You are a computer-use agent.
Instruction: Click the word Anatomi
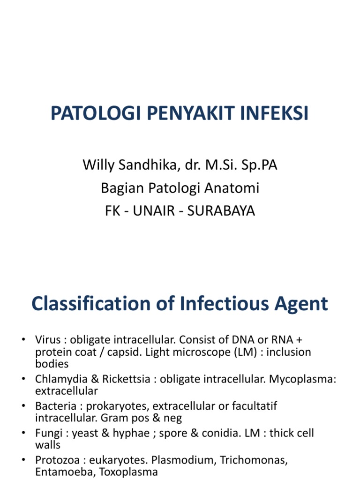233,188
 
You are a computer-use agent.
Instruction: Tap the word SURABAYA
221,211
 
